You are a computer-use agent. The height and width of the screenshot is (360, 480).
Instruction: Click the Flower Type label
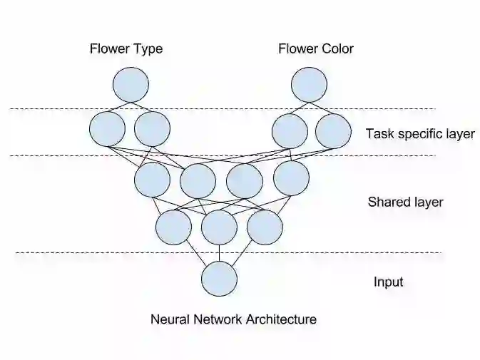(126, 49)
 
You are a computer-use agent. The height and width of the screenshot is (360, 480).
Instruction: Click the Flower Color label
(316, 49)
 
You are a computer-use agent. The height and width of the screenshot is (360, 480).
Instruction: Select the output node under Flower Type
(131, 84)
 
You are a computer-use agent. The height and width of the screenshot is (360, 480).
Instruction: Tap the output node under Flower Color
(310, 84)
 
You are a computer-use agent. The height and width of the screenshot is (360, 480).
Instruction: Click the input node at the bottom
(219, 279)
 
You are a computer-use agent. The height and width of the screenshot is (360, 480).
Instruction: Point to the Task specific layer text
(420, 133)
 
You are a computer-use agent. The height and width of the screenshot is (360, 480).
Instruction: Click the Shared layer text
(405, 202)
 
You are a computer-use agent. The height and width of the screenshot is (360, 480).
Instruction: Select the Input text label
(389, 282)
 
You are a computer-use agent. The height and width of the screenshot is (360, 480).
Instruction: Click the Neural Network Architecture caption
(233, 319)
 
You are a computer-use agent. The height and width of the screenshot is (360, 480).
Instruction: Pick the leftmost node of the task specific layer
(108, 129)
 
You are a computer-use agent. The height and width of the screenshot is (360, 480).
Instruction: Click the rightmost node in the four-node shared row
(291, 178)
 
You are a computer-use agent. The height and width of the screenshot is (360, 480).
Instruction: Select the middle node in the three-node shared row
(219, 227)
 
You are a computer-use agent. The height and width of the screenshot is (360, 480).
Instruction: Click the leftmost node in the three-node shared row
(173, 227)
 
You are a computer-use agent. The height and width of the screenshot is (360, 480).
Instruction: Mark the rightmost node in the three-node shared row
(265, 227)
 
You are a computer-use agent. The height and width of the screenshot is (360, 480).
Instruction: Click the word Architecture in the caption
(280, 319)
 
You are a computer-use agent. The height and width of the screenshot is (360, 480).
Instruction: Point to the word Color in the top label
(337, 49)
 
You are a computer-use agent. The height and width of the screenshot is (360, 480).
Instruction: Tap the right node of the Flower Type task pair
(152, 129)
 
